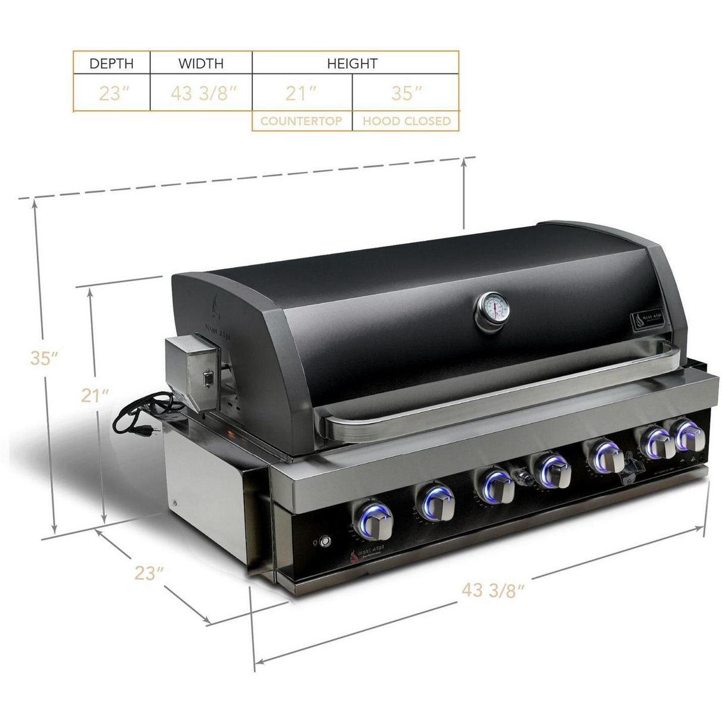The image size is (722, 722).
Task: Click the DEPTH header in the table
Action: click(x=111, y=63)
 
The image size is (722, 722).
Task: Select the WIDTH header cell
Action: click(x=201, y=63)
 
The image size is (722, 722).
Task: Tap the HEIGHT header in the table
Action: click(x=352, y=63)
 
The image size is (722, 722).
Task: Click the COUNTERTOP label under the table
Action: click(x=301, y=121)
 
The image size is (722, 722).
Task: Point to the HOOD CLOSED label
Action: click(x=407, y=121)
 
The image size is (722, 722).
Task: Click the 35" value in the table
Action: click(x=407, y=94)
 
